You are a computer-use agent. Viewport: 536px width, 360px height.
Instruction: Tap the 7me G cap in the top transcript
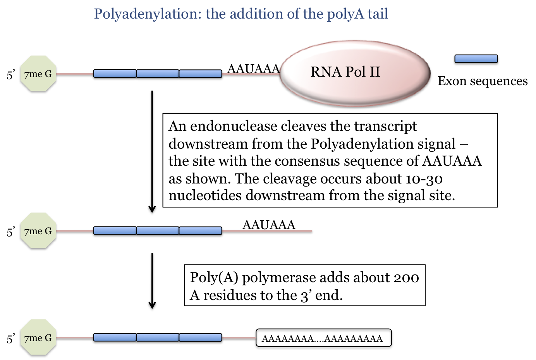tap(38, 74)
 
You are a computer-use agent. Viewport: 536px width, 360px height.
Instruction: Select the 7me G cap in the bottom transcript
tap(38, 338)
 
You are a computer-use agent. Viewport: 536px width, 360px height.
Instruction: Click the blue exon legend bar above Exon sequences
tap(476, 59)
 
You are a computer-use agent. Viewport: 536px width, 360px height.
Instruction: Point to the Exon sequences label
tap(483, 81)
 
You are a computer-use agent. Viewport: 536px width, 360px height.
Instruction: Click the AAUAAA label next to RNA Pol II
tap(253, 69)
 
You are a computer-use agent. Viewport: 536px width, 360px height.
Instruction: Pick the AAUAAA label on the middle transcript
tap(269, 225)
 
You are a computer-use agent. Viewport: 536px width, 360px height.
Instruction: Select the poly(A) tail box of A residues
tap(323, 338)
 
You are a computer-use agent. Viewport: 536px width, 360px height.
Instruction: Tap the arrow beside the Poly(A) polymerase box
tap(152, 281)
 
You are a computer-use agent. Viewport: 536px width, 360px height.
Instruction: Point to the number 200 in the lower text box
tap(406, 278)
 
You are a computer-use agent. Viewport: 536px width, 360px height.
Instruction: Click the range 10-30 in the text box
tap(424, 179)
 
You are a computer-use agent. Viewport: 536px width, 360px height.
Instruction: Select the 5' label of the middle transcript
tap(11, 232)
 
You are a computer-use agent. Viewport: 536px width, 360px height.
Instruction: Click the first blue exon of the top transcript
tap(115, 74)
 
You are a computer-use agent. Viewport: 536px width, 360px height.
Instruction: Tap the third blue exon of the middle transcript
tap(200, 231)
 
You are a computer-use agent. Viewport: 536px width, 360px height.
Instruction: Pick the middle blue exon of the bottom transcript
tap(158, 338)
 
